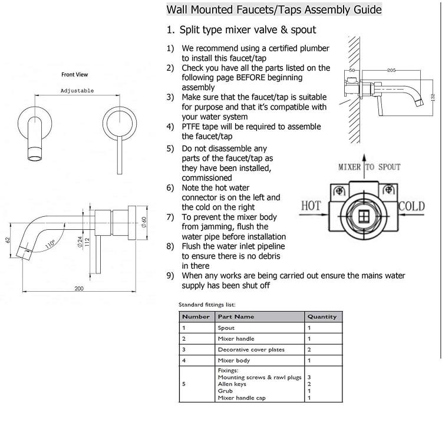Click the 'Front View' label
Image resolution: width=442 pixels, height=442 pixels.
pyautogui.click(x=75, y=75)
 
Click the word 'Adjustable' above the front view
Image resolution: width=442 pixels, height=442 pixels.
pyautogui.click(x=77, y=91)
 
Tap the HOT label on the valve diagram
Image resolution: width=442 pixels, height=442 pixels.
pyautogui.click(x=311, y=206)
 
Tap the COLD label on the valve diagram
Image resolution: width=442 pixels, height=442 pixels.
pyautogui.click(x=411, y=206)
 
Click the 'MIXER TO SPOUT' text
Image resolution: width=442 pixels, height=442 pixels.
pyautogui.click(x=370, y=167)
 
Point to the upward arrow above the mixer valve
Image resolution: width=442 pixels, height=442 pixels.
pyautogui.click(x=364, y=166)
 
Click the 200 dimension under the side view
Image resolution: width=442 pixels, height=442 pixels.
pyautogui.click(x=79, y=288)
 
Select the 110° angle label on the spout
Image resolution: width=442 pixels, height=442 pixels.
pyautogui.click(x=50, y=244)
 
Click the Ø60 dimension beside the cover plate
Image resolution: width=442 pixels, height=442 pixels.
pyautogui.click(x=144, y=222)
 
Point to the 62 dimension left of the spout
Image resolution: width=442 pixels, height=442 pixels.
pyautogui.click(x=8, y=240)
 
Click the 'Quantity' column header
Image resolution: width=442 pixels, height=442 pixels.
pyautogui.click(x=322, y=316)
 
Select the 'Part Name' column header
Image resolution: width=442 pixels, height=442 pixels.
pyautogui.click(x=236, y=316)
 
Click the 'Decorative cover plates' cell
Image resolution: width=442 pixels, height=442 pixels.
pyautogui.click(x=251, y=349)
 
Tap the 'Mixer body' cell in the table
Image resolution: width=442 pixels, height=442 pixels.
pyautogui.click(x=234, y=360)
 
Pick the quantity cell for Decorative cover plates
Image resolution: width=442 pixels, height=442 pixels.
pyautogui.click(x=309, y=349)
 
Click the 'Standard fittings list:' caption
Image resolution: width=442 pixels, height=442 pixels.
pyautogui.click(x=207, y=305)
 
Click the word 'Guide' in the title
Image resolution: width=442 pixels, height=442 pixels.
pyautogui.click(x=368, y=9)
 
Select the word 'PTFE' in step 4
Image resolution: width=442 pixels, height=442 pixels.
pyautogui.click(x=190, y=127)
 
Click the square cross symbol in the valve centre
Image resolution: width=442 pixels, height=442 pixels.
pyautogui.click(x=364, y=216)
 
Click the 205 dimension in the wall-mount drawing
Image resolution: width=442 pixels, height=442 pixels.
pyautogui.click(x=391, y=70)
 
